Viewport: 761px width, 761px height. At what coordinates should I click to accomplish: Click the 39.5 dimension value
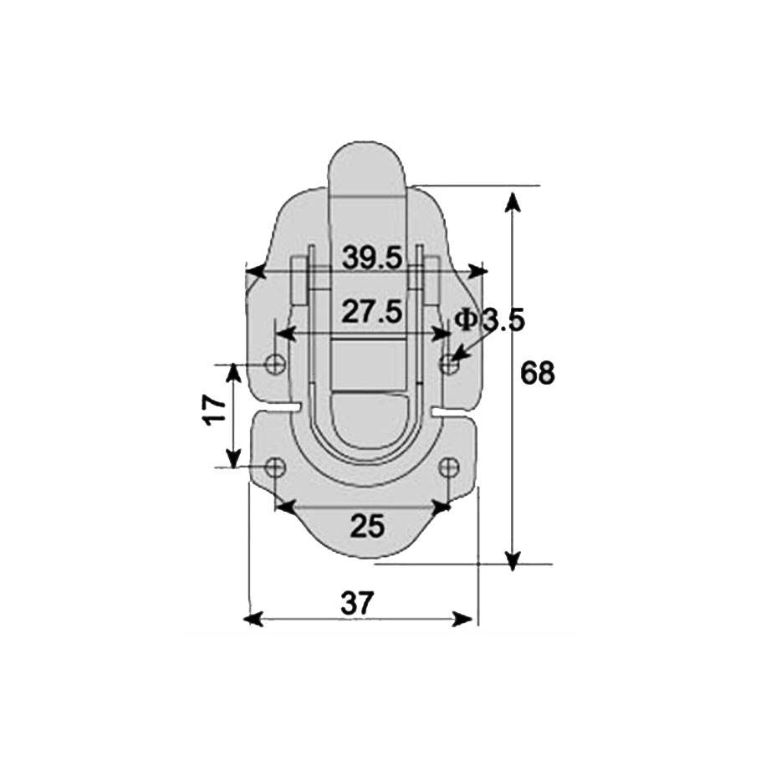[372, 258]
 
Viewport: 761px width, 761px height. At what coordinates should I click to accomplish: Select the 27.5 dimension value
[372, 311]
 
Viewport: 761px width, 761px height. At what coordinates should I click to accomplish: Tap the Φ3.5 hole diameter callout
[490, 320]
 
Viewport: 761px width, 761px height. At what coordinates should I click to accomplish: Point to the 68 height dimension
[537, 374]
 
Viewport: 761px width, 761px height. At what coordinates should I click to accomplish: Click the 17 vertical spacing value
[215, 410]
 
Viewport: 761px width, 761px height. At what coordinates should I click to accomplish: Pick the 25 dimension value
[367, 526]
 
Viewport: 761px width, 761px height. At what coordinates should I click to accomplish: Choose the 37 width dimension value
[358, 603]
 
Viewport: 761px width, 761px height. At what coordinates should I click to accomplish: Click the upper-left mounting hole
[275, 364]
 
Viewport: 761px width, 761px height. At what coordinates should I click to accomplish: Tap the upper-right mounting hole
[449, 364]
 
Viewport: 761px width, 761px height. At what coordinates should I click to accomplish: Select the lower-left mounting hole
[275, 467]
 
